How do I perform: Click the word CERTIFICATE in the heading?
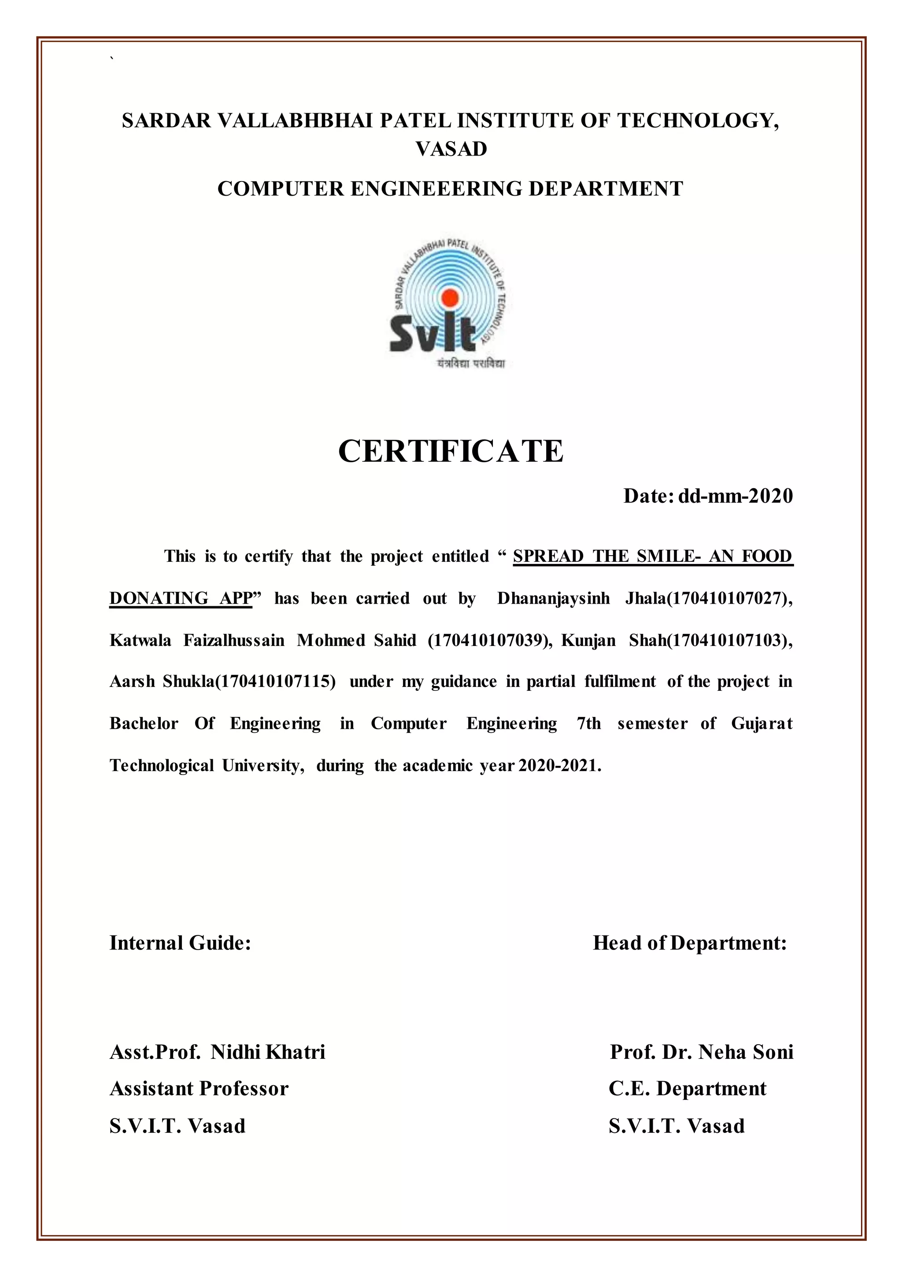click(451, 451)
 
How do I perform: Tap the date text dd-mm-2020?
click(736, 496)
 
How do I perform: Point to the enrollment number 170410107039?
click(489, 640)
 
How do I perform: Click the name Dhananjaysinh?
click(553, 598)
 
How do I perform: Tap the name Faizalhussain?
click(234, 640)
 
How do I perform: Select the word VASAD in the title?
click(451, 149)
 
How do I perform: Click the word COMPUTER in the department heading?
click(281, 189)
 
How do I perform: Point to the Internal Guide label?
click(180, 943)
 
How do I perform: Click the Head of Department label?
click(689, 943)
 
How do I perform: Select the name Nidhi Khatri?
click(268, 1052)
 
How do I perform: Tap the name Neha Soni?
click(745, 1052)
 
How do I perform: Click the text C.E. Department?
click(687, 1088)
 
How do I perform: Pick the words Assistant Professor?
click(199, 1088)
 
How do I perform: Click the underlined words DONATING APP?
click(181, 598)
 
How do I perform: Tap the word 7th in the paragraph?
click(589, 723)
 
